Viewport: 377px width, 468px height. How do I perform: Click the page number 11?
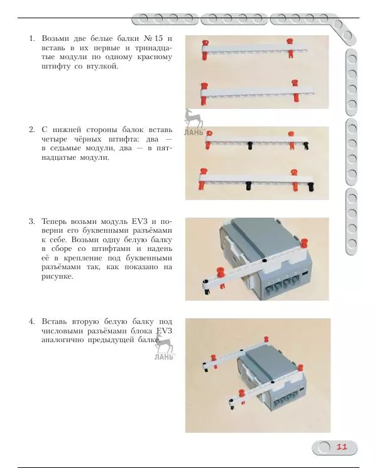coord(342,447)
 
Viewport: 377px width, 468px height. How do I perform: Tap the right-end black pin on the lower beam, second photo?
coord(310,186)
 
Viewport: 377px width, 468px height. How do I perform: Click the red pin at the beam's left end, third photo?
coord(221,274)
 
